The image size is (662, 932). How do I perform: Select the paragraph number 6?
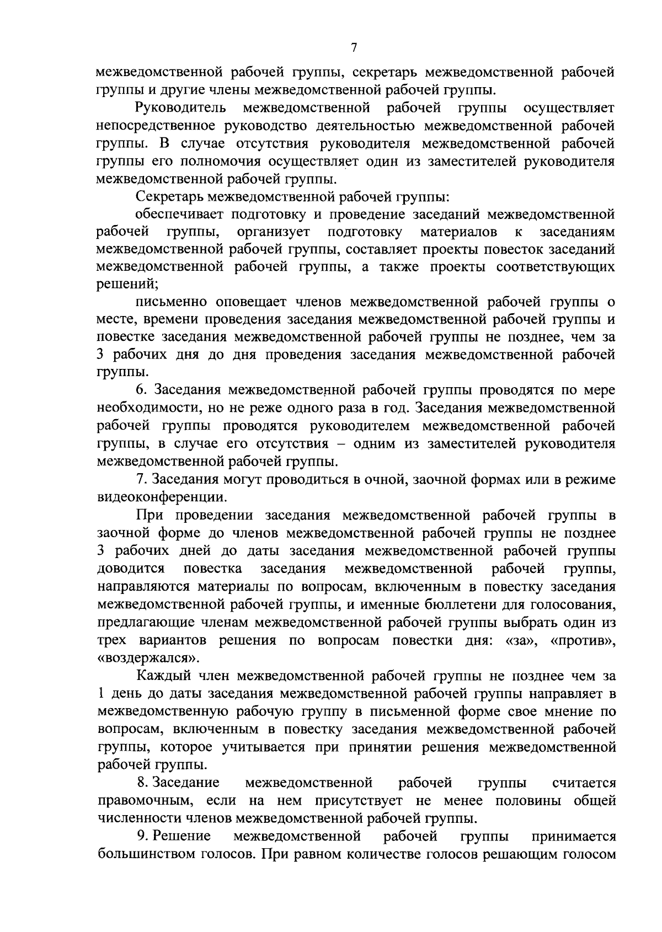point(141,390)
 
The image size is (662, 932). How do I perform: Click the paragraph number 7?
point(140,479)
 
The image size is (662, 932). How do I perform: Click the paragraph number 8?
point(141,783)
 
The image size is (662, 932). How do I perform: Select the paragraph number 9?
point(141,836)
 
